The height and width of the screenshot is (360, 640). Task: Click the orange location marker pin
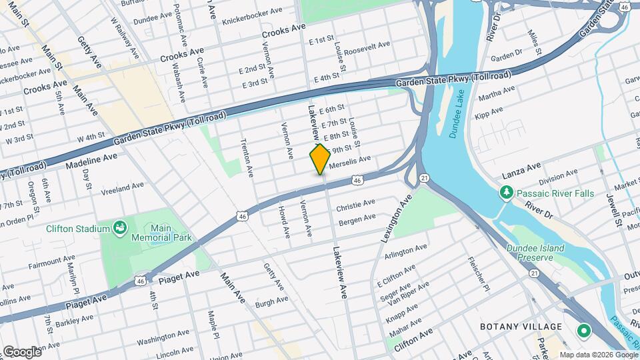[319, 159]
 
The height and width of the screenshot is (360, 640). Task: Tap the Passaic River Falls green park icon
[506, 193]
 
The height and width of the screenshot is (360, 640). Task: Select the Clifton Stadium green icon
[120, 229]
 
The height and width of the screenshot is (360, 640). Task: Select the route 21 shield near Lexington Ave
[423, 178]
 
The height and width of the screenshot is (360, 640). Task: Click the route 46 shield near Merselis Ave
[358, 180]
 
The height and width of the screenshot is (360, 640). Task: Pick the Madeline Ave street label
[91, 159]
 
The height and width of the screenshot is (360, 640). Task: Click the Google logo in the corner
[21, 351]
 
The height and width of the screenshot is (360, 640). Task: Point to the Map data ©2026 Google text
[597, 355]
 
